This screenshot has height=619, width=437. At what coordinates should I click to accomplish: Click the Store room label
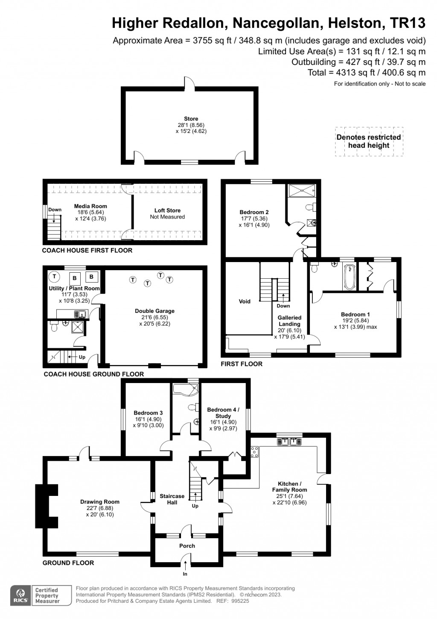[x=191, y=119]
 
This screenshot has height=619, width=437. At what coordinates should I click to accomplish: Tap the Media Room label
[x=90, y=206]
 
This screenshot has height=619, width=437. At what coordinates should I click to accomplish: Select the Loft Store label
[x=167, y=210]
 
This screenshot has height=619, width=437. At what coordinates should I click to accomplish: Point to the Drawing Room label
[x=100, y=502]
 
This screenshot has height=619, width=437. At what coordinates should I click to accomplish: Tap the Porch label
[x=187, y=546]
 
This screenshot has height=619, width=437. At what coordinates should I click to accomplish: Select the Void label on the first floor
[x=245, y=301]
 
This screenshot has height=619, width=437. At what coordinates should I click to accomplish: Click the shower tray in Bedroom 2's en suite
[x=301, y=190]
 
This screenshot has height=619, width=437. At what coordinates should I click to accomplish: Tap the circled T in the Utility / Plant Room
[x=54, y=277]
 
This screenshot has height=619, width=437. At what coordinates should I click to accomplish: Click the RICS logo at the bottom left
[x=20, y=595]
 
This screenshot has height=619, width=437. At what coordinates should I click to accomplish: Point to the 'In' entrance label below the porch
[x=185, y=574]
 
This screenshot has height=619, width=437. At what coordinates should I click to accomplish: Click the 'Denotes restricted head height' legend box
[x=368, y=141]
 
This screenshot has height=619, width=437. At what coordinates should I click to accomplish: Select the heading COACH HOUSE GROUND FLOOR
[x=93, y=374]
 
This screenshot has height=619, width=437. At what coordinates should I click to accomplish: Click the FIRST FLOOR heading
[x=242, y=364]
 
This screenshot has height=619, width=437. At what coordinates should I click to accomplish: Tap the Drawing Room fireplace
[x=46, y=507]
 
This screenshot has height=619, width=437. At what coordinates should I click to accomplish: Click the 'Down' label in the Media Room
[x=55, y=209]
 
